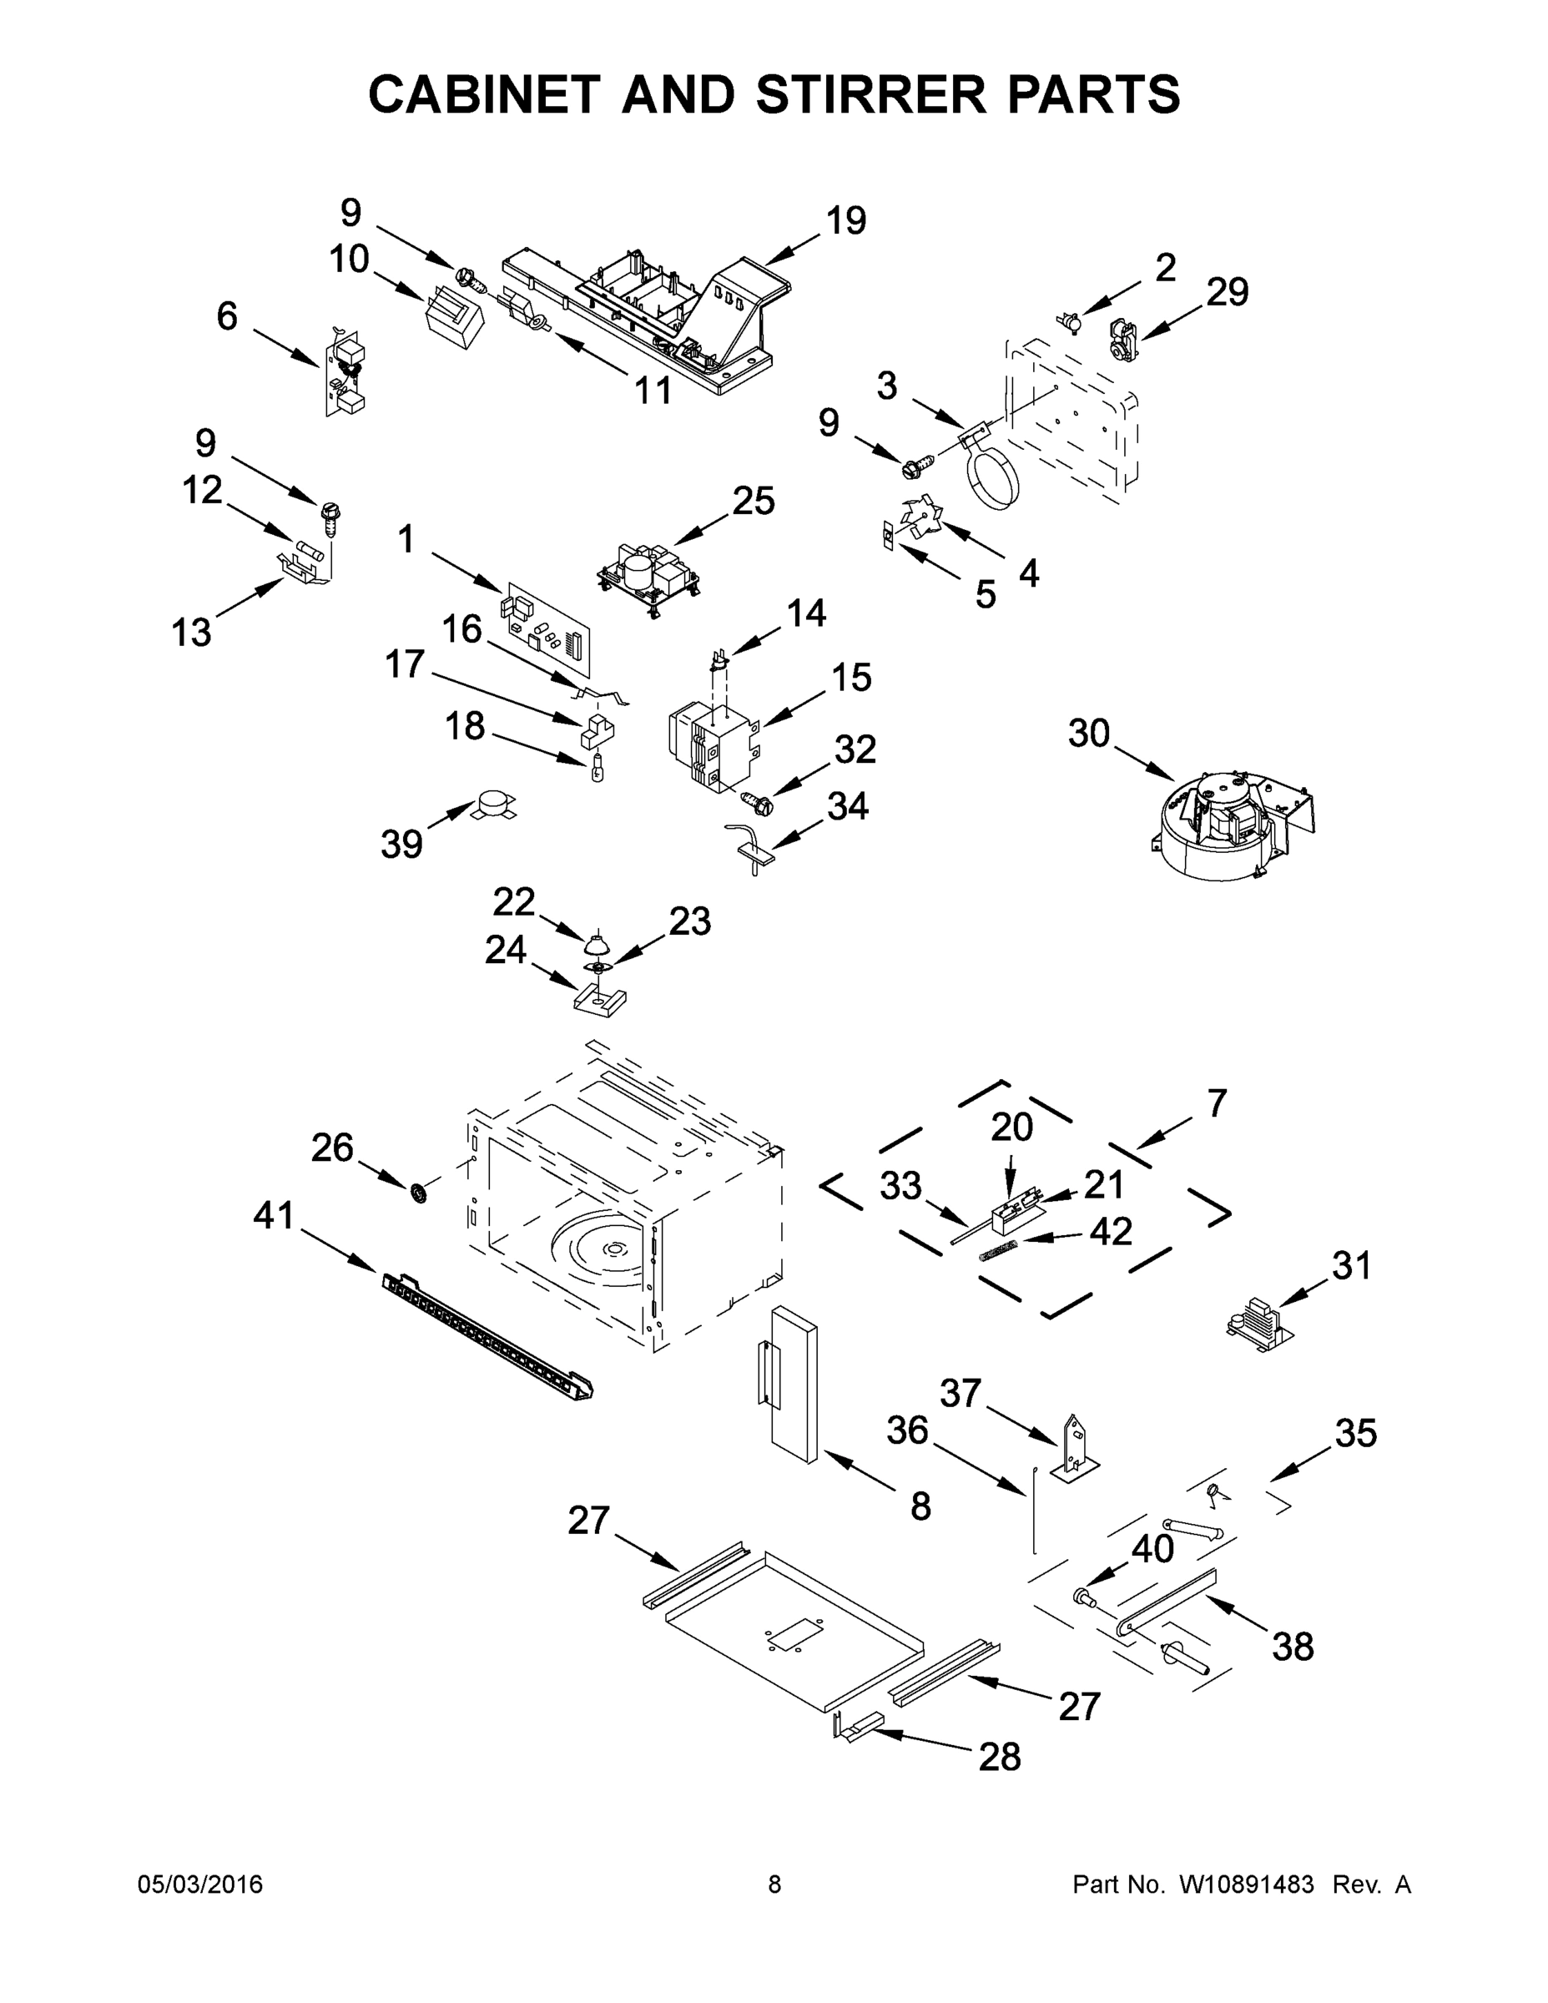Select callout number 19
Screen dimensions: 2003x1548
tap(845, 221)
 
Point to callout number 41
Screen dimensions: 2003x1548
tap(273, 1216)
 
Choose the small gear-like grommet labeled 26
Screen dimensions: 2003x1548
tap(419, 1193)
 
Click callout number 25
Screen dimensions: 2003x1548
tap(753, 501)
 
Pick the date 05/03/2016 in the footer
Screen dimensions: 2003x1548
tap(200, 1884)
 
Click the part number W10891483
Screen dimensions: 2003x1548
tap(1246, 1884)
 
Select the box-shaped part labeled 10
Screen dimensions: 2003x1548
tap(456, 317)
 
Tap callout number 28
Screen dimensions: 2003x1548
tap(999, 1757)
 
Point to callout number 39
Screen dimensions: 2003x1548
tap(401, 844)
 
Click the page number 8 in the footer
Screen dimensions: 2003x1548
tap(774, 1884)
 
